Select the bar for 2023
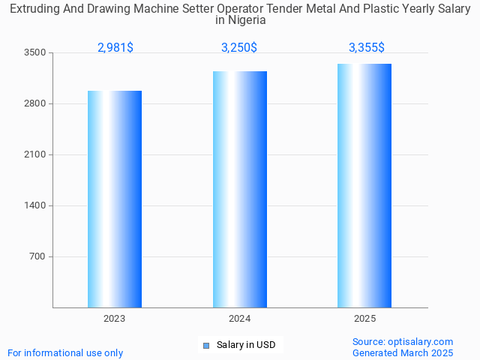(x=115, y=199)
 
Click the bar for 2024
(x=240, y=189)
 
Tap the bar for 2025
(x=364, y=185)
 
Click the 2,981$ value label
(x=115, y=47)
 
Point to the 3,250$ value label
(x=239, y=47)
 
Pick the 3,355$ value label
(x=367, y=47)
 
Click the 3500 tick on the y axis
(x=34, y=52)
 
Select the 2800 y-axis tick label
(x=34, y=103)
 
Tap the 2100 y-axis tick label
(x=34, y=154)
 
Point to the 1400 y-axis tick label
(x=34, y=205)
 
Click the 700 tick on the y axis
(x=37, y=256)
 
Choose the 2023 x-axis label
(x=115, y=319)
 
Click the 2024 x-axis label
(x=240, y=319)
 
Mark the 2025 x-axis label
(x=364, y=319)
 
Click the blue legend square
(x=206, y=345)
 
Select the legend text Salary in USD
(x=246, y=345)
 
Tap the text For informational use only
(x=65, y=352)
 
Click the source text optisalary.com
(x=403, y=341)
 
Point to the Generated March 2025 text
(x=403, y=352)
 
